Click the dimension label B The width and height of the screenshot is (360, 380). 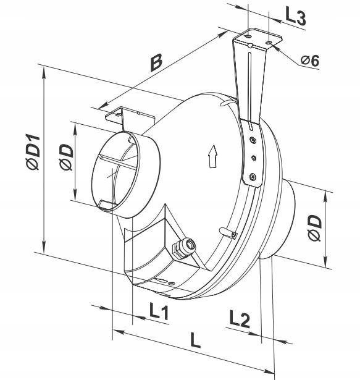156,63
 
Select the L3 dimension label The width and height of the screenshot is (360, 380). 296,17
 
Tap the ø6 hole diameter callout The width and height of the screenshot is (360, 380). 310,61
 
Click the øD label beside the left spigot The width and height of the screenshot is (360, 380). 66,157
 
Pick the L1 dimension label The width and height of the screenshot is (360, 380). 159,311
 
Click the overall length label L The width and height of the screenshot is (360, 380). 195,340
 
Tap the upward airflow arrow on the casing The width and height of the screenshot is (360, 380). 212,156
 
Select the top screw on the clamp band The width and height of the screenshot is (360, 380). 253,140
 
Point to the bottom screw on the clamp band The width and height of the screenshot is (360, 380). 253,177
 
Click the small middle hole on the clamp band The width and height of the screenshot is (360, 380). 254,158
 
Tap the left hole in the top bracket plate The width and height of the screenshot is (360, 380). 248,36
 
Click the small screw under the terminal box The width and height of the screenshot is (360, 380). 172,283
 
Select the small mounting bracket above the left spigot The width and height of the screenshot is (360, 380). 130,117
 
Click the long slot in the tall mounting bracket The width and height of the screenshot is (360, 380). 249,87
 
